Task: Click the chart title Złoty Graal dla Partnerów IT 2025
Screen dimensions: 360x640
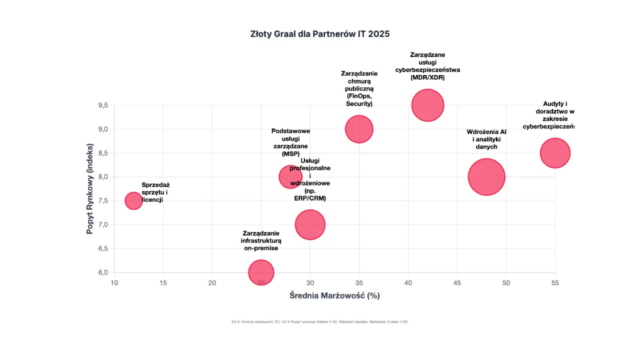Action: tap(320, 34)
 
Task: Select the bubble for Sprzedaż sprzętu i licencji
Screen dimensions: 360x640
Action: tap(133, 201)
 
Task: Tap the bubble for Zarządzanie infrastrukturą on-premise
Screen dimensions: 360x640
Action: tap(261, 273)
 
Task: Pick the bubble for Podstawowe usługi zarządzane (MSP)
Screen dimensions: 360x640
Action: tap(291, 177)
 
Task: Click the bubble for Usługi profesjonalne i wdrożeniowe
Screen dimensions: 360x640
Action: tap(310, 225)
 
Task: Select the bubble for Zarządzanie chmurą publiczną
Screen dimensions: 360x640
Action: tap(359, 129)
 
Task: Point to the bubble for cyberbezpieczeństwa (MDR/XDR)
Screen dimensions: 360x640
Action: tap(428, 105)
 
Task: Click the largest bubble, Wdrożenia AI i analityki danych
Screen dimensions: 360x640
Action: tap(486, 177)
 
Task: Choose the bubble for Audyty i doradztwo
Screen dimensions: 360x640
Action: tap(555, 153)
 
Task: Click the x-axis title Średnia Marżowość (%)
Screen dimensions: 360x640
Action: tap(334, 295)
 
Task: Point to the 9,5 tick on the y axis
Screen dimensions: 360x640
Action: tap(103, 106)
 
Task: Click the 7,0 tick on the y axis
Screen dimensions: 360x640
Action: tap(103, 225)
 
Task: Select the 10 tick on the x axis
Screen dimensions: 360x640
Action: tap(114, 283)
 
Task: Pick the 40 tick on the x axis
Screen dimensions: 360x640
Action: tap(408, 283)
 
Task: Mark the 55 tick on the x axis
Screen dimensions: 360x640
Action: tap(555, 283)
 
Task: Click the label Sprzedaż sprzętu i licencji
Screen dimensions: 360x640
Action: tap(155, 193)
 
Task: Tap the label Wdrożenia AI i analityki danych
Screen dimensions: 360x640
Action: tap(486, 139)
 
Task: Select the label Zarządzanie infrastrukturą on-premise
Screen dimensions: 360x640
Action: tap(261, 241)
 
